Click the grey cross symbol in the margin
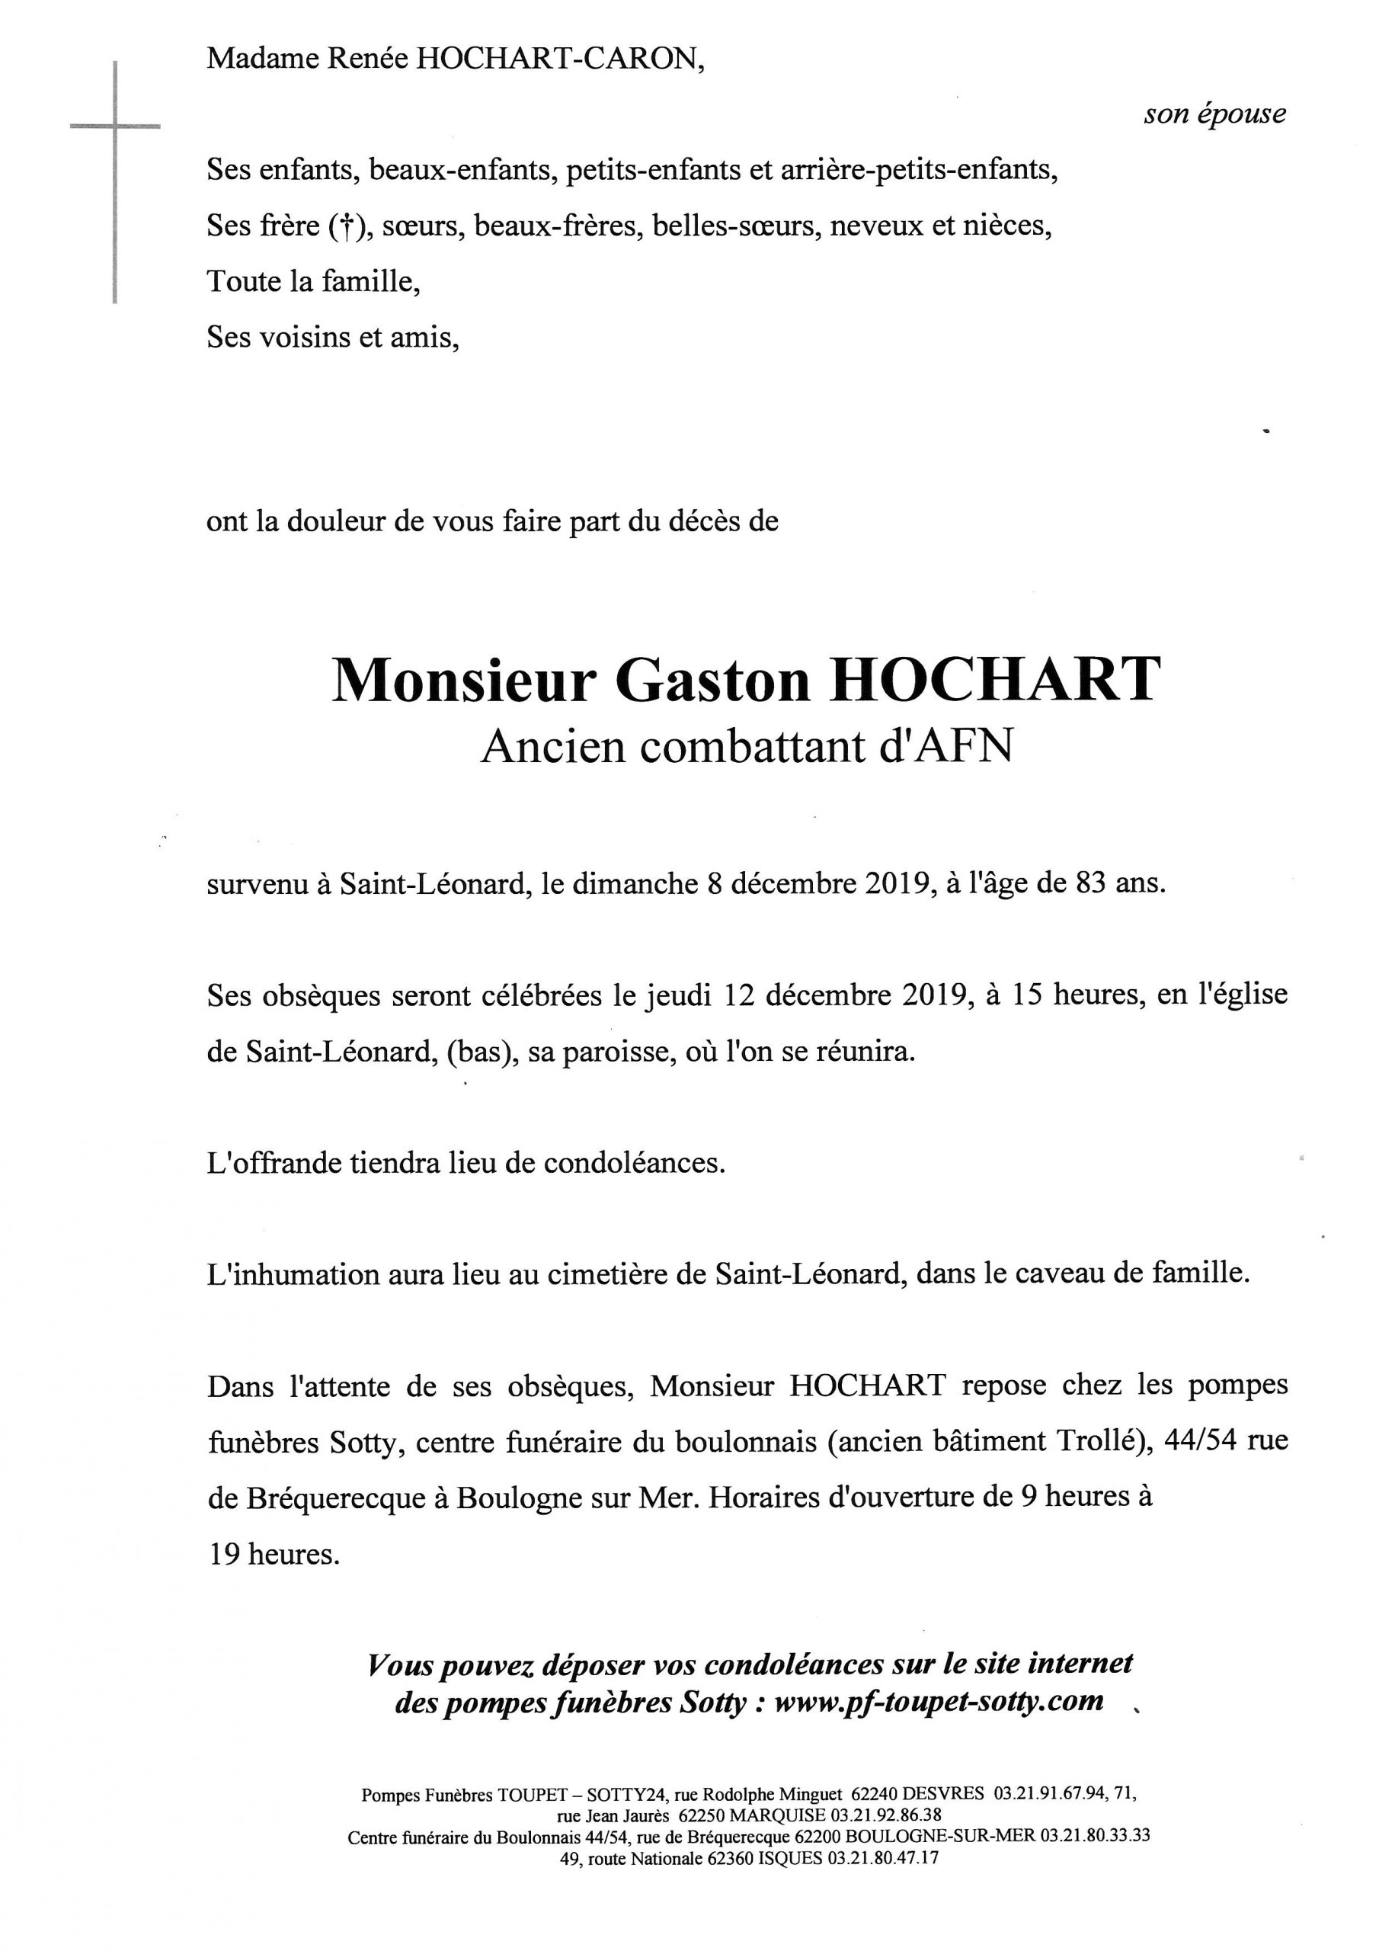pos(115,127)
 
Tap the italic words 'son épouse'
pos(1214,114)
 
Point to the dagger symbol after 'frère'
pos(346,226)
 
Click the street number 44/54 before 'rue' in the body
pos(1208,1441)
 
